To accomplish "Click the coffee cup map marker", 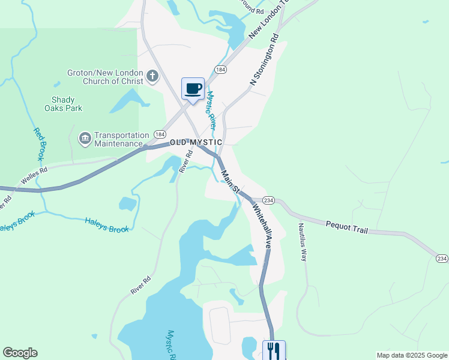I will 193,89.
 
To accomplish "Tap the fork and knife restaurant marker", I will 274,349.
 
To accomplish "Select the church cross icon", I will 152,76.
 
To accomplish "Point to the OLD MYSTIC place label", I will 196,142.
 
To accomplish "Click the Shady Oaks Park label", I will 63,104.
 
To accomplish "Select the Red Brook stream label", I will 40,145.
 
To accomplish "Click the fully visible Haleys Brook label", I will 107,224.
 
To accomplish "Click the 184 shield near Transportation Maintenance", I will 160,134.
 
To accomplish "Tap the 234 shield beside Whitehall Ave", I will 268,200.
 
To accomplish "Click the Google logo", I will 20,353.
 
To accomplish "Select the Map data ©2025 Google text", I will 411,355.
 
